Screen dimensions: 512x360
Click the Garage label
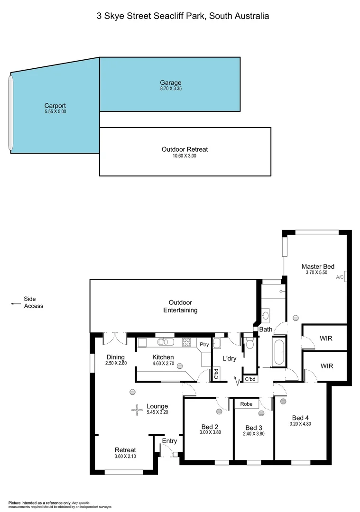click(x=170, y=82)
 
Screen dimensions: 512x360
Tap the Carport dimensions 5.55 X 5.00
click(x=55, y=111)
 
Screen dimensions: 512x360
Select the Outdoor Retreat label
click(x=185, y=149)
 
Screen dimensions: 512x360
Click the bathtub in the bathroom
click(x=278, y=353)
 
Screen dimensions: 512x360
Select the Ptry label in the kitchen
click(x=204, y=345)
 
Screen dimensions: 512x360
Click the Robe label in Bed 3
click(x=246, y=404)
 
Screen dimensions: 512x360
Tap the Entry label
click(x=169, y=441)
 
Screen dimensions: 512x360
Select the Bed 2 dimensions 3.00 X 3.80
click(x=210, y=432)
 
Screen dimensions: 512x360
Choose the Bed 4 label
click(x=301, y=418)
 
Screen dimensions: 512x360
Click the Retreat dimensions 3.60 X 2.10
click(x=125, y=457)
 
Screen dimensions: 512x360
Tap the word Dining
click(x=115, y=357)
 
